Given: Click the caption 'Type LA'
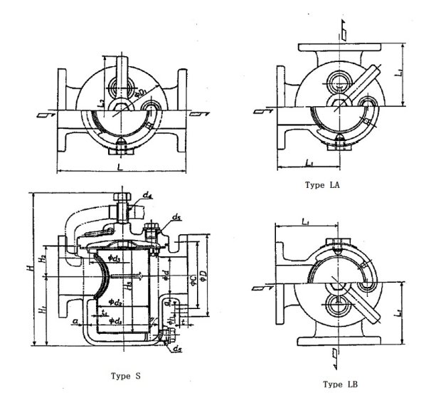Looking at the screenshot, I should (322, 184).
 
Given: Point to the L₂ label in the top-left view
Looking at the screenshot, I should (102, 104).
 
